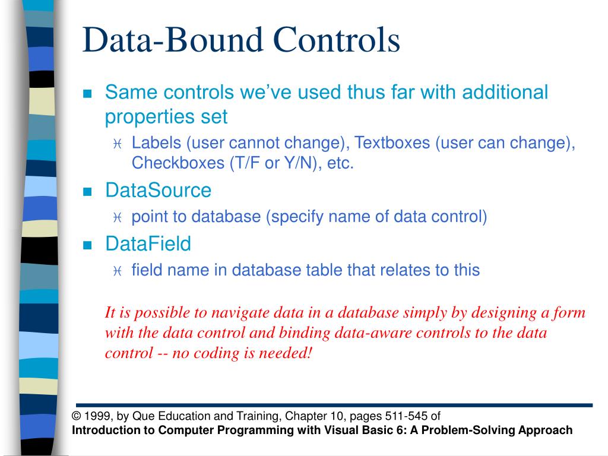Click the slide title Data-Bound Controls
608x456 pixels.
point(241,40)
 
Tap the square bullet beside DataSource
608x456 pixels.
point(88,192)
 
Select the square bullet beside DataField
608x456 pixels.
point(88,245)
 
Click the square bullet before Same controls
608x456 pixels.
point(88,94)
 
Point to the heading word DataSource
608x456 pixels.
point(158,191)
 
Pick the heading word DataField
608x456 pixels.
point(148,243)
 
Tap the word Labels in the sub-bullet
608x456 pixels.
point(156,143)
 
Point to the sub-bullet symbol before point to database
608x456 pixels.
point(116,218)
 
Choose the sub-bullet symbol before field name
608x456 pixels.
point(116,271)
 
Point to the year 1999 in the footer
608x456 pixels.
point(94,416)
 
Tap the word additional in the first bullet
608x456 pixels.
point(505,93)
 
